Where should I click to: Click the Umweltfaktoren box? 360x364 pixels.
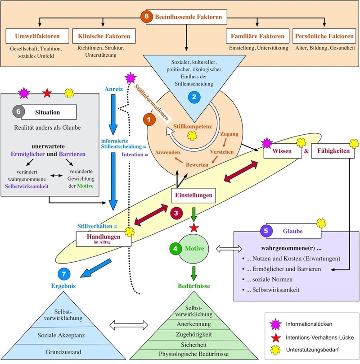pyautogui.click(x=37, y=36)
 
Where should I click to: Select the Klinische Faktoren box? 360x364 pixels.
pyautogui.click(x=104, y=36)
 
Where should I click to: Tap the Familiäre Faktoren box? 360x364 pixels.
pyautogui.click(x=257, y=36)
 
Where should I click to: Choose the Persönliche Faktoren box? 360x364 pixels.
pyautogui.click(x=324, y=36)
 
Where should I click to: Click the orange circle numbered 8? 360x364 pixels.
pyautogui.click(x=147, y=17)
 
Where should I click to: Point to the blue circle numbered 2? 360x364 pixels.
pyautogui.click(x=194, y=97)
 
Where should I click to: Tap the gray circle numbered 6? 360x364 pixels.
pyautogui.click(x=18, y=112)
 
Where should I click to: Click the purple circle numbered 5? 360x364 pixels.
pyautogui.click(x=266, y=231)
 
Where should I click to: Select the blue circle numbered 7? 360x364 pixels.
pyautogui.click(x=64, y=274)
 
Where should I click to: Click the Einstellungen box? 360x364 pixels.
pyautogui.click(x=193, y=195)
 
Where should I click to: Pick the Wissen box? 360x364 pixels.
pyautogui.click(x=283, y=151)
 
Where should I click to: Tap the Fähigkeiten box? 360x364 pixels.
pyautogui.click(x=333, y=151)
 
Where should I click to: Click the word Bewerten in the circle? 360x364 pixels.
pyautogui.click(x=197, y=165)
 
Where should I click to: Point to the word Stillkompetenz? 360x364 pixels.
pyautogui.click(x=193, y=127)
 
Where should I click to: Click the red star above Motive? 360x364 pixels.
pyautogui.click(x=194, y=228)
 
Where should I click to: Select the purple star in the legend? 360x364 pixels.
pyautogui.click(x=275, y=324)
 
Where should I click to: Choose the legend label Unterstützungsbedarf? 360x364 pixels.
pyautogui.click(x=312, y=350)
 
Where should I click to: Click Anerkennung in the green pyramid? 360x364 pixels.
pyautogui.click(x=193, y=324)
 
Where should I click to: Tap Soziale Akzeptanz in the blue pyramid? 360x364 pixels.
pyautogui.click(x=61, y=335)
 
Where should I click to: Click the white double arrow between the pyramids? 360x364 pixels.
pyautogui.click(x=129, y=325)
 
